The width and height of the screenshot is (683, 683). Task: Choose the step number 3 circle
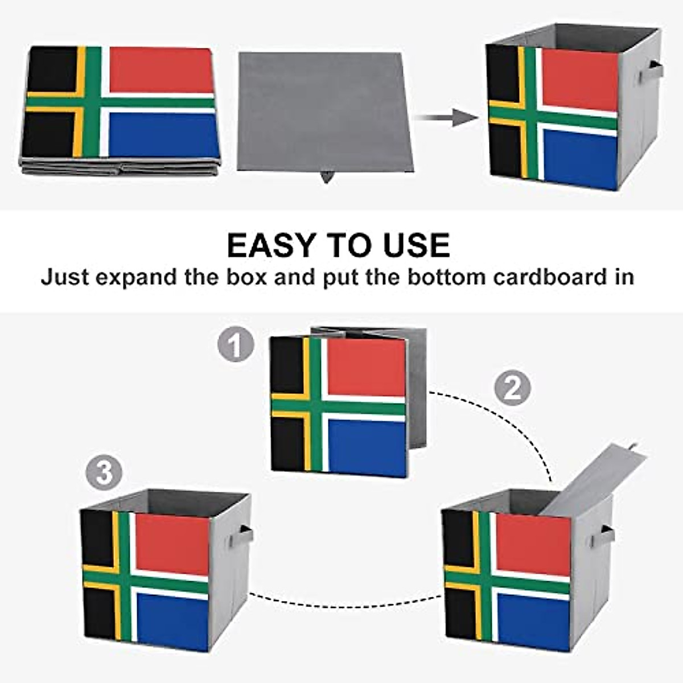(x=104, y=472)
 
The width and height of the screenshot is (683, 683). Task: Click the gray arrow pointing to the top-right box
(x=447, y=118)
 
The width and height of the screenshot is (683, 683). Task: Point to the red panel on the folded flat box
(x=161, y=70)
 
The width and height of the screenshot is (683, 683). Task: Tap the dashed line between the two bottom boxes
(x=346, y=598)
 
